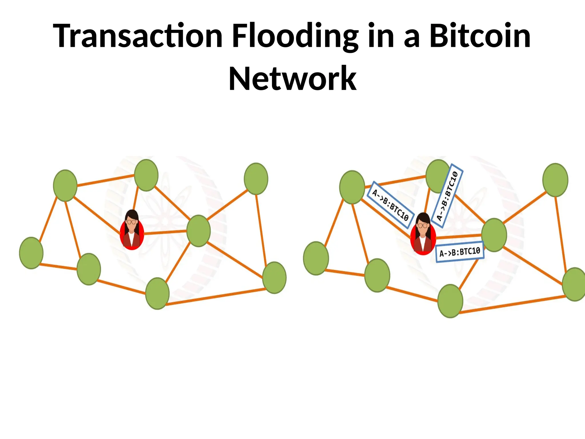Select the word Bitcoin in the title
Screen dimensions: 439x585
tap(480, 36)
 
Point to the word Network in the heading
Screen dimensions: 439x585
tap(292, 78)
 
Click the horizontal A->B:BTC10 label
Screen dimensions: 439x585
tap(460, 252)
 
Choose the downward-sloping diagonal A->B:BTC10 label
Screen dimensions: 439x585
tap(390, 205)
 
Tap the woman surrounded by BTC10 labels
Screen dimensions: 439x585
tap(423, 234)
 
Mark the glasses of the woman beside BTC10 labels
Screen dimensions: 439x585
tap(423, 226)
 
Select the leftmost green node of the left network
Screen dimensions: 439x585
tap(31, 253)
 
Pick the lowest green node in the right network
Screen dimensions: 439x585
tap(450, 301)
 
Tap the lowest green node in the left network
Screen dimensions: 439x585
tap(157, 293)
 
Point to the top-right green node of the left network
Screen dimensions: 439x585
tap(256, 179)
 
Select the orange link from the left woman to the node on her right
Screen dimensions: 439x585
tap(165, 232)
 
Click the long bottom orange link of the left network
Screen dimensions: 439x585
tap(216, 297)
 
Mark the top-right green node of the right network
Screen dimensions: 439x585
tap(555, 180)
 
